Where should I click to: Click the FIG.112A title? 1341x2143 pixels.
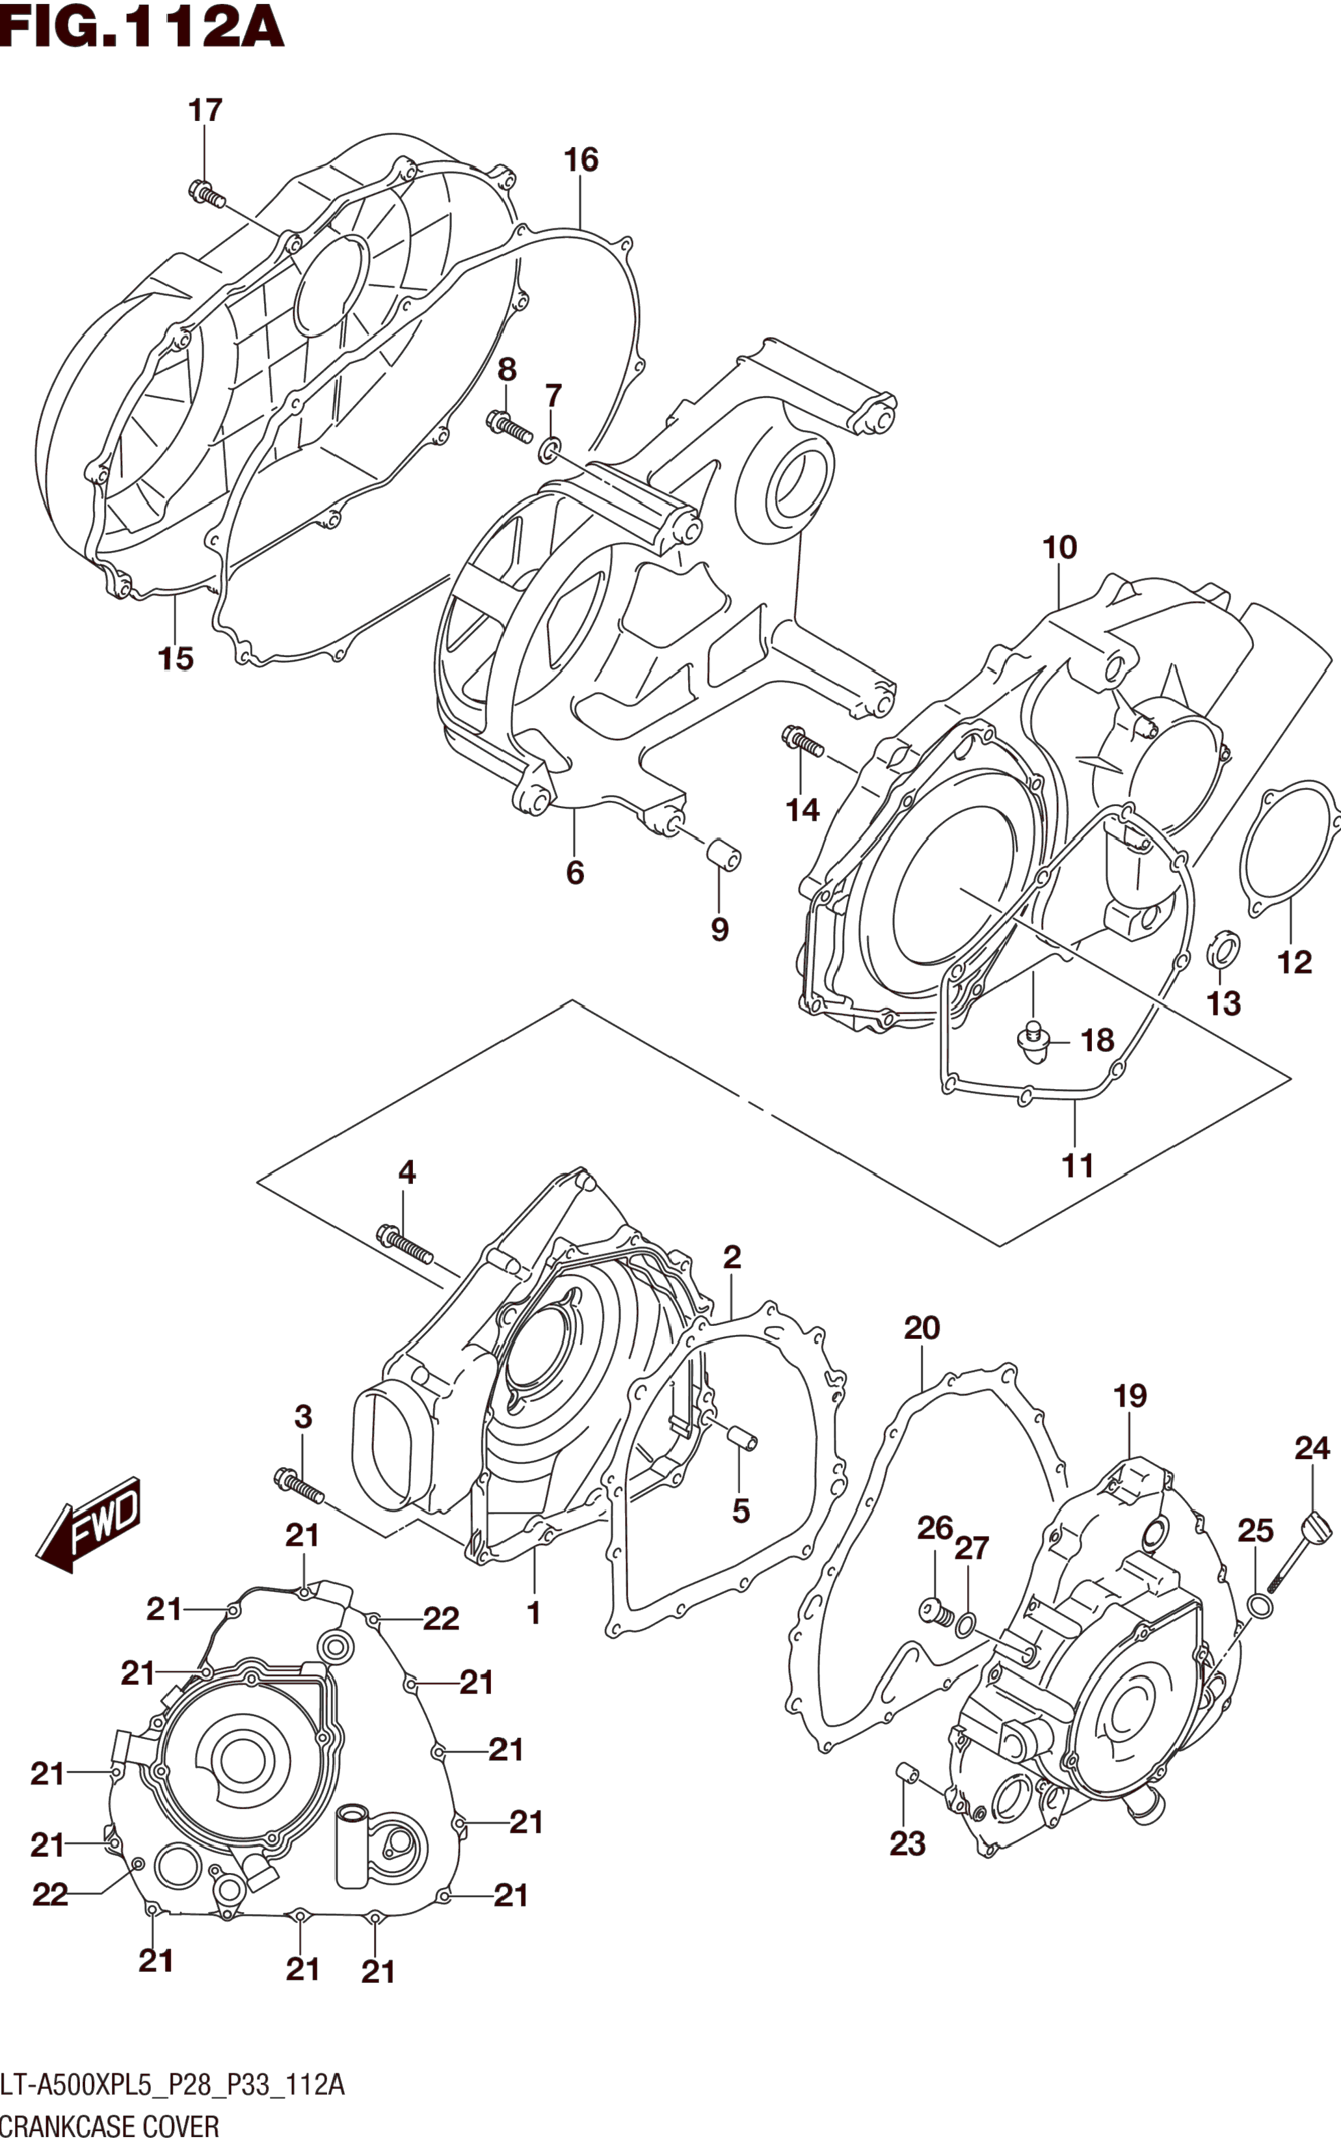[142, 27]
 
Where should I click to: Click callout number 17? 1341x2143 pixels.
[205, 111]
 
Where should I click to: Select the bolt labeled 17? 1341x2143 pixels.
[207, 193]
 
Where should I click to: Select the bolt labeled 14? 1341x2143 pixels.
[803, 742]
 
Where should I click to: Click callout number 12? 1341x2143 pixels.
[1294, 962]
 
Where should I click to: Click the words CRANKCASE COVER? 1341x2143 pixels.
[109, 2126]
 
